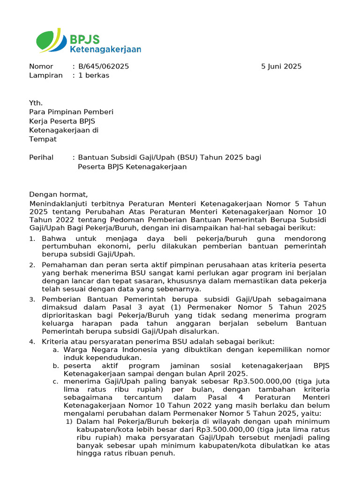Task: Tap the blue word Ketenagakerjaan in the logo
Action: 105,49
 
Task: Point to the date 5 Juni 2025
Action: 281,67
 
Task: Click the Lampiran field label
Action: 45,75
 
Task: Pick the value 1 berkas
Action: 94,75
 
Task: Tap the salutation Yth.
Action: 36,103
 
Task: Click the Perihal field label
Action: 41,157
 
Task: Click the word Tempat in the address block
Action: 43,139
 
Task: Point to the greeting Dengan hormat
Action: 58,195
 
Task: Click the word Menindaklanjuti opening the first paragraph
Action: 61,204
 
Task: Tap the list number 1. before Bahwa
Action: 32,239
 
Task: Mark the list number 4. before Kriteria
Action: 32,342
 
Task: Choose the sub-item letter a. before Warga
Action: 55,350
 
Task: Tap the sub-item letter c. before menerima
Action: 55,382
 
